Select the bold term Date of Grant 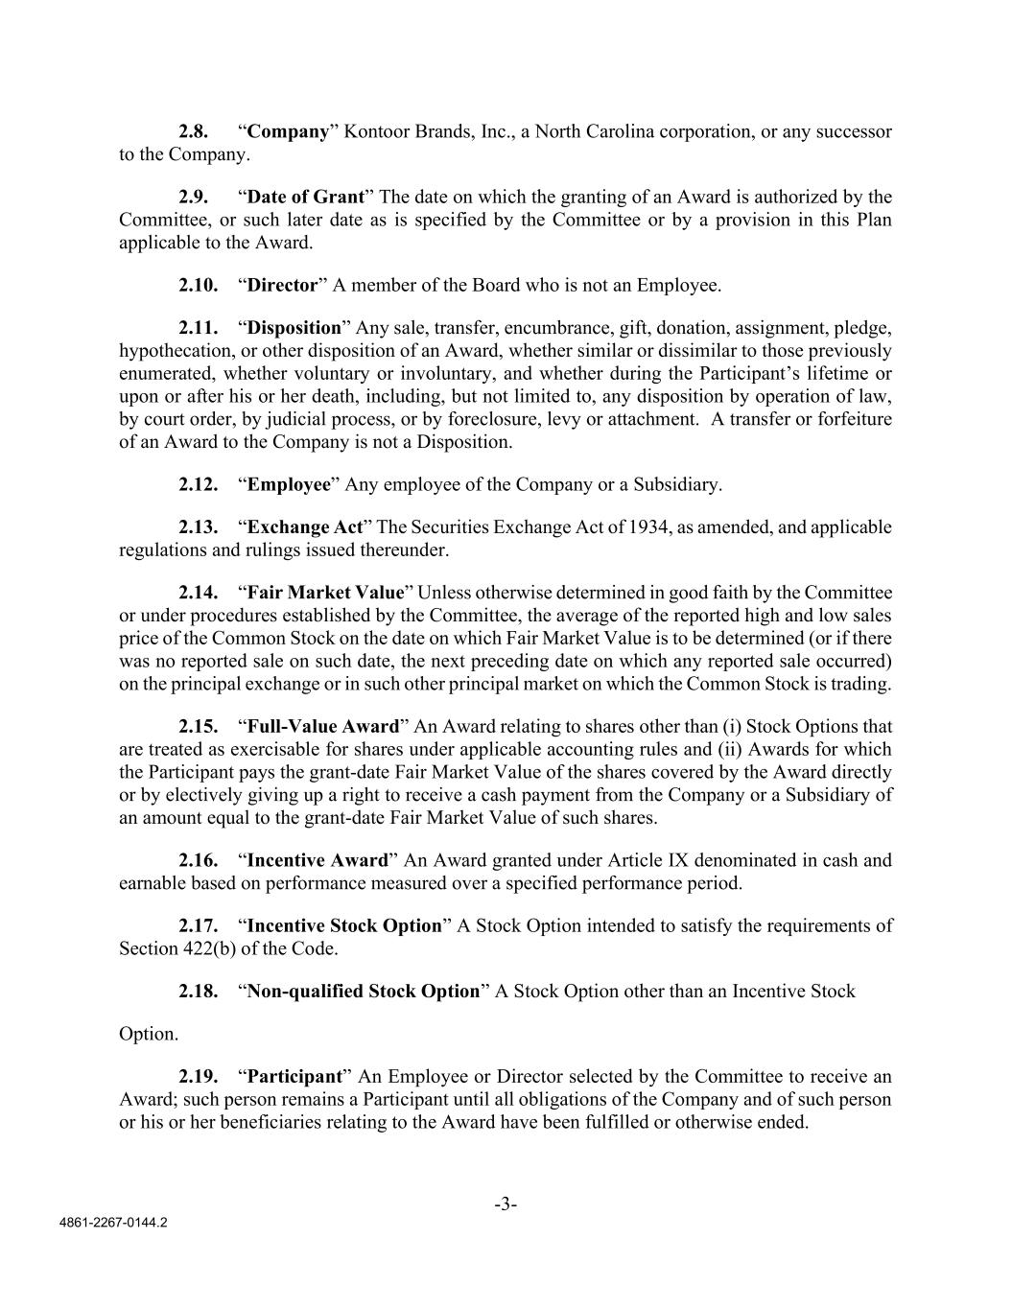(x=306, y=197)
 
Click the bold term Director (x=282, y=285)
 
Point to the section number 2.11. (x=198, y=327)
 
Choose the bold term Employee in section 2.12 (x=289, y=484)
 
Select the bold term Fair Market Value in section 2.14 (x=326, y=592)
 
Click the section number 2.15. (x=198, y=726)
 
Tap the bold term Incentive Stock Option (x=344, y=925)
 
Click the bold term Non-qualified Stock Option (x=364, y=991)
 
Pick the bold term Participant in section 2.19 (x=295, y=1075)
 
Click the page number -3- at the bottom (x=506, y=1204)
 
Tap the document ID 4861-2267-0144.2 (x=111, y=1224)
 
